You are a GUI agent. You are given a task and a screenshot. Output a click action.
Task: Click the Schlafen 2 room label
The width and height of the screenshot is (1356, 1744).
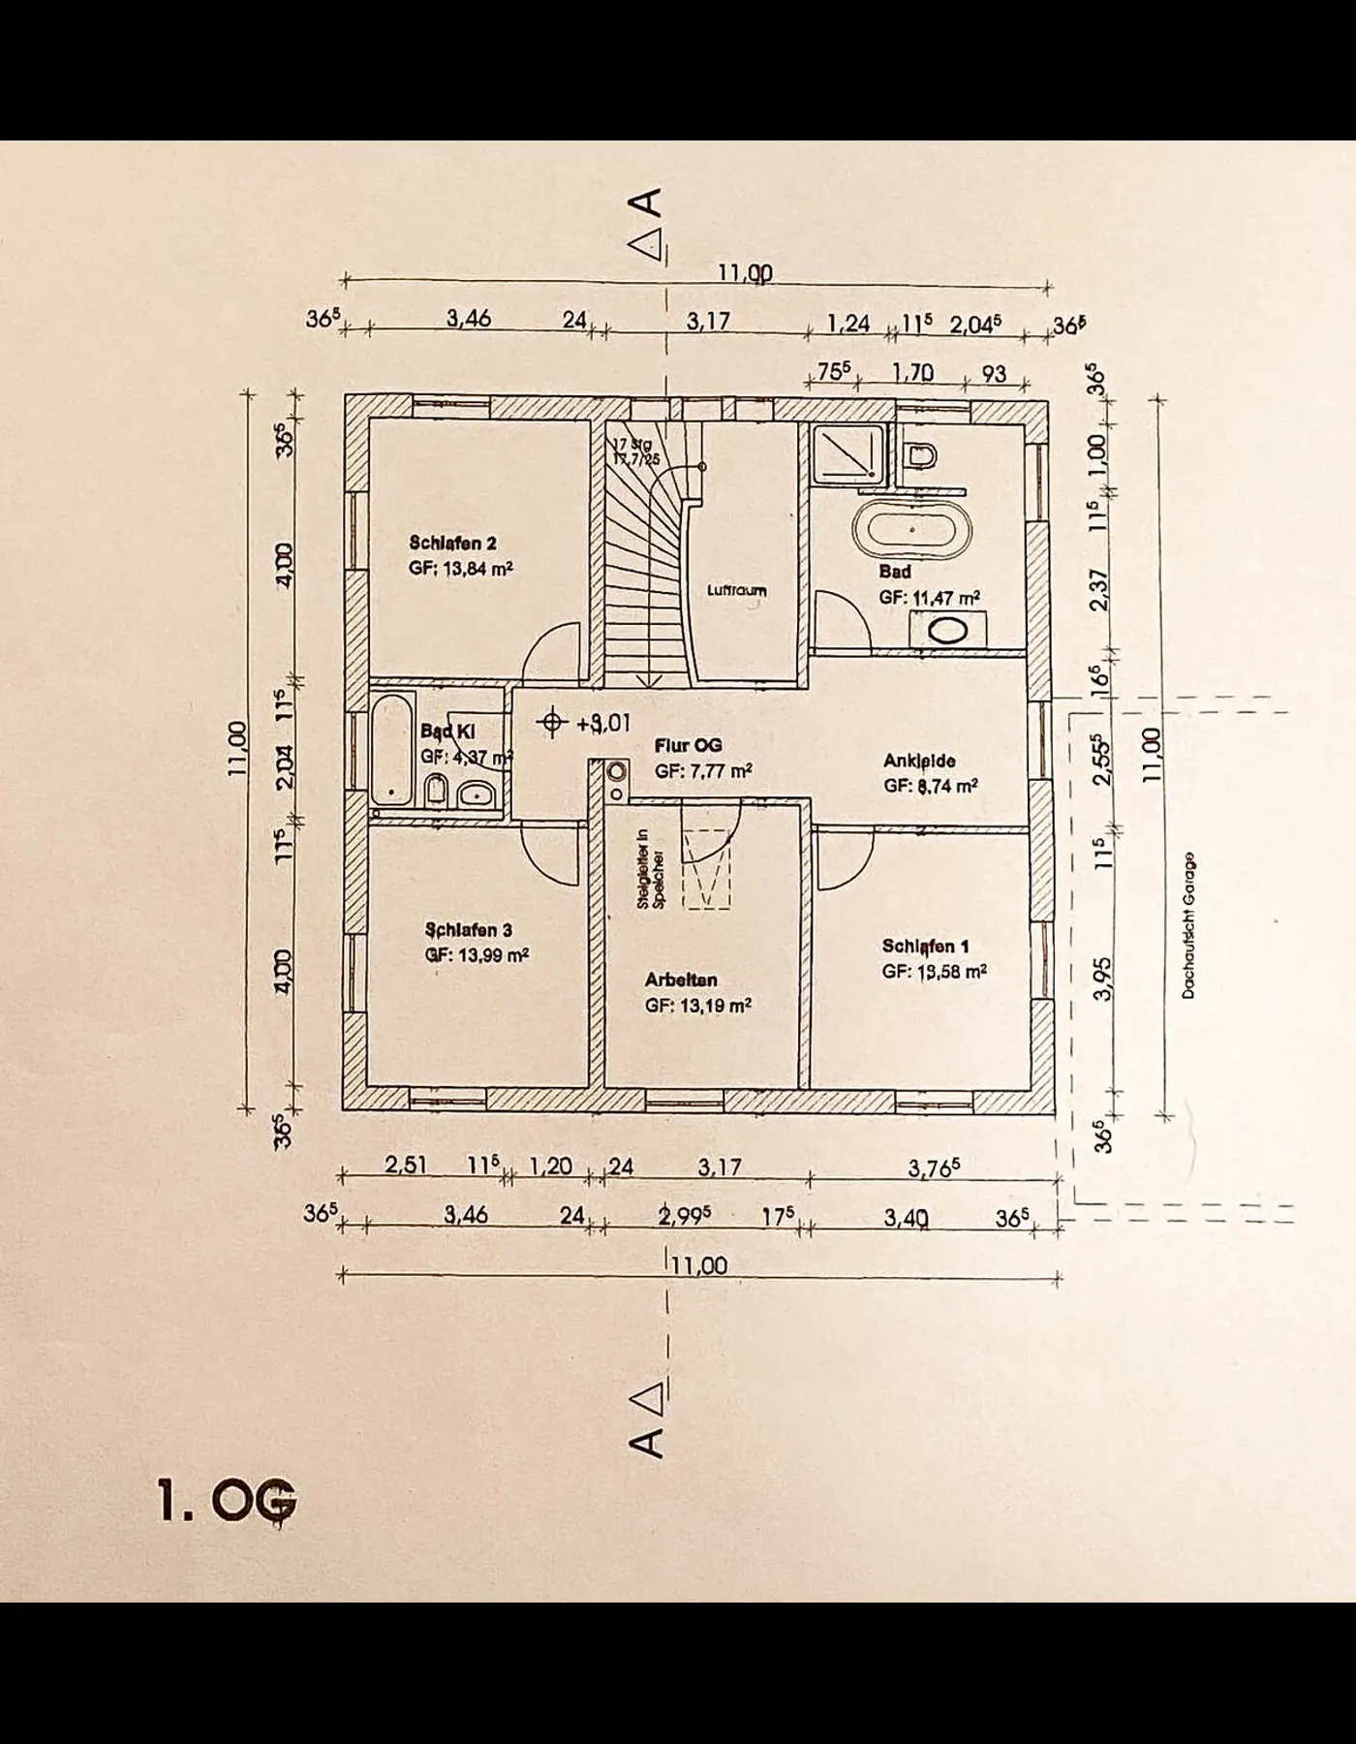point(452,544)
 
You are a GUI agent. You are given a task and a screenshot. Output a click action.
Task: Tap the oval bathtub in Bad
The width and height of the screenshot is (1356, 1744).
point(911,530)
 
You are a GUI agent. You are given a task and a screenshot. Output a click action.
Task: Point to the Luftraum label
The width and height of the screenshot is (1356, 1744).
point(736,590)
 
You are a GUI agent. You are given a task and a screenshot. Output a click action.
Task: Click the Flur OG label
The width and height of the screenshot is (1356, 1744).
point(689,745)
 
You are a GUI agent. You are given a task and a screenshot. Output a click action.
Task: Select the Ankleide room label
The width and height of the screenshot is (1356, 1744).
point(919,762)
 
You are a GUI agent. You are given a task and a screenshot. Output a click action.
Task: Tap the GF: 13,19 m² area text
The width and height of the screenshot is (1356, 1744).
point(698,1006)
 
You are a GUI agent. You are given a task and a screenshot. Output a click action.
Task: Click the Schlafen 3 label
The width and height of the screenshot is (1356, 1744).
point(468,930)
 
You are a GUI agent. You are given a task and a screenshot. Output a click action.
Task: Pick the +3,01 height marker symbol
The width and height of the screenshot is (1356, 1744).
point(552,723)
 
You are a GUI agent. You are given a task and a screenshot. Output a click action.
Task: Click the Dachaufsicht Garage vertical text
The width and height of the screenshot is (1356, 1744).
point(1188,925)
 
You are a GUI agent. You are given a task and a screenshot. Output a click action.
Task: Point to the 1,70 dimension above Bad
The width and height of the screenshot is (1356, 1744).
point(911,373)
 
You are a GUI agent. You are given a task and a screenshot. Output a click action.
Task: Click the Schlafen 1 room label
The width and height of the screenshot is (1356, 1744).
point(925,947)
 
